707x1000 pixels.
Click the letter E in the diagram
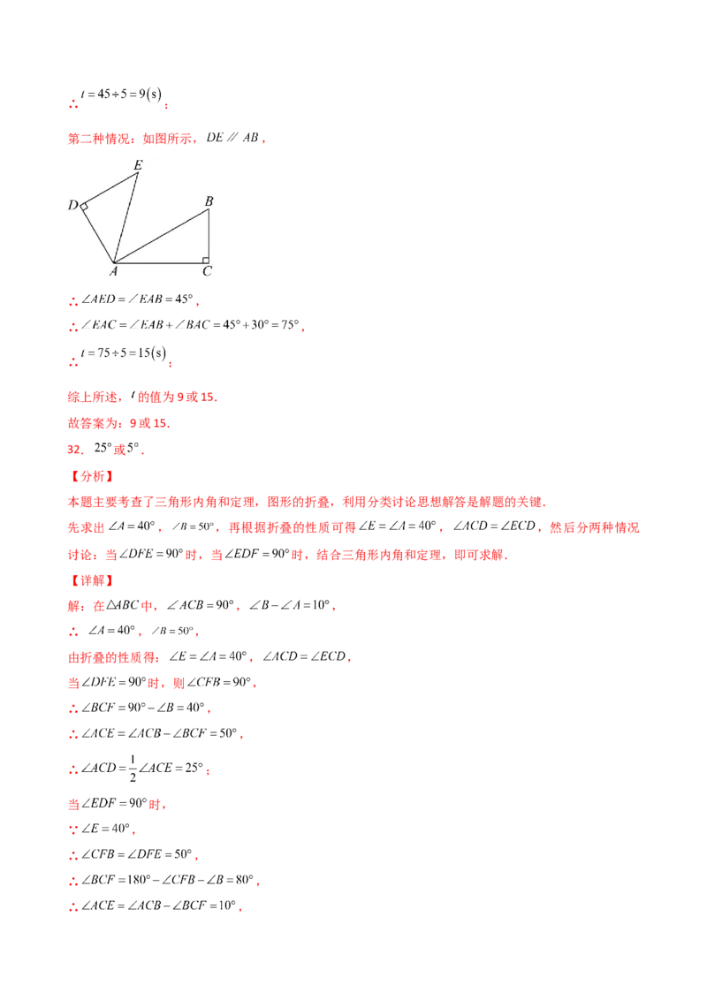coord(138,164)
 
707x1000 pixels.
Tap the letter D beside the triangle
coord(72,206)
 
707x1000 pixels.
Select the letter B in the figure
coord(209,201)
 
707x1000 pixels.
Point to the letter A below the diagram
coord(114,273)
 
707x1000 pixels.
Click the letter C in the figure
coord(207,272)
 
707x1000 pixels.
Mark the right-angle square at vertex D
coord(85,207)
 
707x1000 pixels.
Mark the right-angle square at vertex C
coord(205,260)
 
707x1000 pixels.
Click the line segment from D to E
coord(110,189)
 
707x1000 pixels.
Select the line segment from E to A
coord(127,217)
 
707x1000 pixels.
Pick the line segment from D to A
coord(97,233)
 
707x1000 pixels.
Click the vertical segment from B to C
coord(209,237)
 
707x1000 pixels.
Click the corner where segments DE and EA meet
coord(140,173)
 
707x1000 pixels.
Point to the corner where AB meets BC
coord(209,210)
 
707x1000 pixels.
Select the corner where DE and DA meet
coord(80,204)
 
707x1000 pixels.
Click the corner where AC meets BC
coord(209,263)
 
